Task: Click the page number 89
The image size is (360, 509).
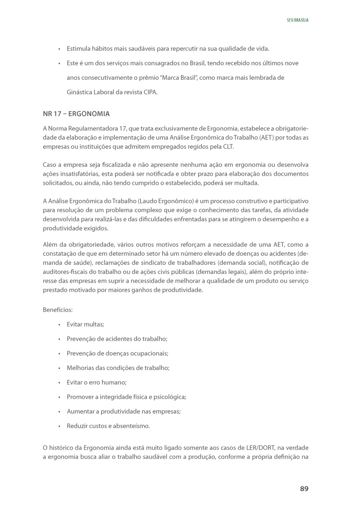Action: tap(304, 488)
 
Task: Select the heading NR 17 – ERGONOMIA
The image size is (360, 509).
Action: tap(76, 114)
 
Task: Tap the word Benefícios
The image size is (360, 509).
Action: tap(58, 310)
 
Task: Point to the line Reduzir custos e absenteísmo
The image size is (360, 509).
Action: tap(108, 426)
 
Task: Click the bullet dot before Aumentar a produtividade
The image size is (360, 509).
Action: tap(59, 412)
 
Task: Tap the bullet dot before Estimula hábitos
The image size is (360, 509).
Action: tap(59, 49)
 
